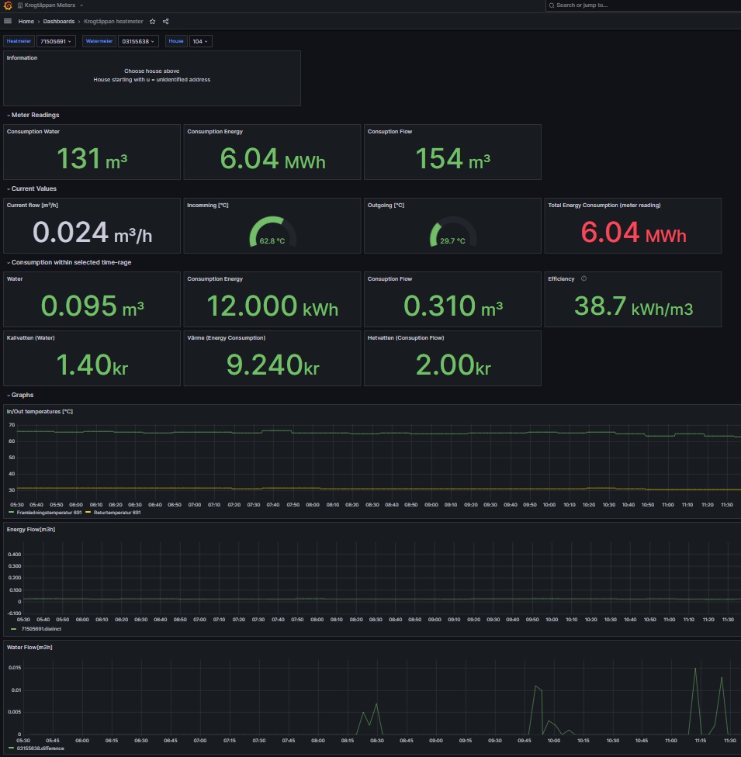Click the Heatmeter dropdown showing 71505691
(56, 41)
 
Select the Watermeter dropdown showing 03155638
(138, 41)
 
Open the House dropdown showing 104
(199, 41)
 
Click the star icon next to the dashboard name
(152, 22)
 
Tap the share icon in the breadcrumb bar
(166, 22)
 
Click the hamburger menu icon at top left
(8, 22)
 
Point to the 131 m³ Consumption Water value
(92, 159)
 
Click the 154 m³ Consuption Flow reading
(452, 159)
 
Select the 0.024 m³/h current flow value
(92, 233)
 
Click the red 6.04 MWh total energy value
(632, 233)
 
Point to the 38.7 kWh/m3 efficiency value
(632, 307)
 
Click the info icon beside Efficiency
(583, 278)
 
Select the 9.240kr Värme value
(272, 365)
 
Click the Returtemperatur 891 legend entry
(116, 513)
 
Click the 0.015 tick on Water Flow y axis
(13, 668)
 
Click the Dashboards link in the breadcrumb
(59, 22)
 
